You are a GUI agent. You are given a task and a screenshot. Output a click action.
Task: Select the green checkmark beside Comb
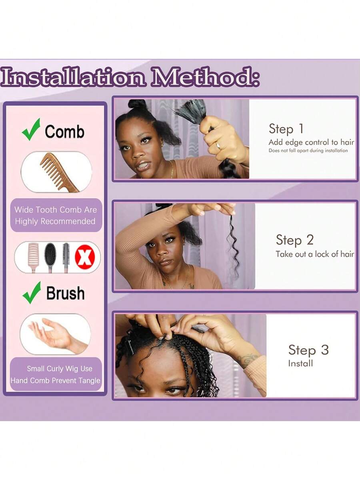pos(31,129)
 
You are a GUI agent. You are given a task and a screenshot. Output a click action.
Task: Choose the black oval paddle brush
pos(50,255)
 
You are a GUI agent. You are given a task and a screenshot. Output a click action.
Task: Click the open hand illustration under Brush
pos(56,335)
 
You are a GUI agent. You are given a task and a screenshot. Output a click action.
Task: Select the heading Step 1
pos(286,129)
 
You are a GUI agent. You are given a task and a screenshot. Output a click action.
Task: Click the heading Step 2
pos(295,240)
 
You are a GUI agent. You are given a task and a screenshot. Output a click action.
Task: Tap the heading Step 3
pos(308,349)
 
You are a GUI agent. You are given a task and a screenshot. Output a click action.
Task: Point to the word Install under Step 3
pos(300,364)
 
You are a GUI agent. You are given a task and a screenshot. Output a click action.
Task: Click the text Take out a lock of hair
pos(315,254)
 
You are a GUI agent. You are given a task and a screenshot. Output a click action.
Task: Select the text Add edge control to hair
pos(311,142)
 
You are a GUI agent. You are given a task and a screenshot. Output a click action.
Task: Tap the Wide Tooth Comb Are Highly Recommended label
pos(56,215)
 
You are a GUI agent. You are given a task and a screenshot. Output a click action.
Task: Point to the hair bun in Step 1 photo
pos(137,105)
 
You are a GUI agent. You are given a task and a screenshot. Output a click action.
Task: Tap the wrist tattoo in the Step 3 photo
pos(248,358)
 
